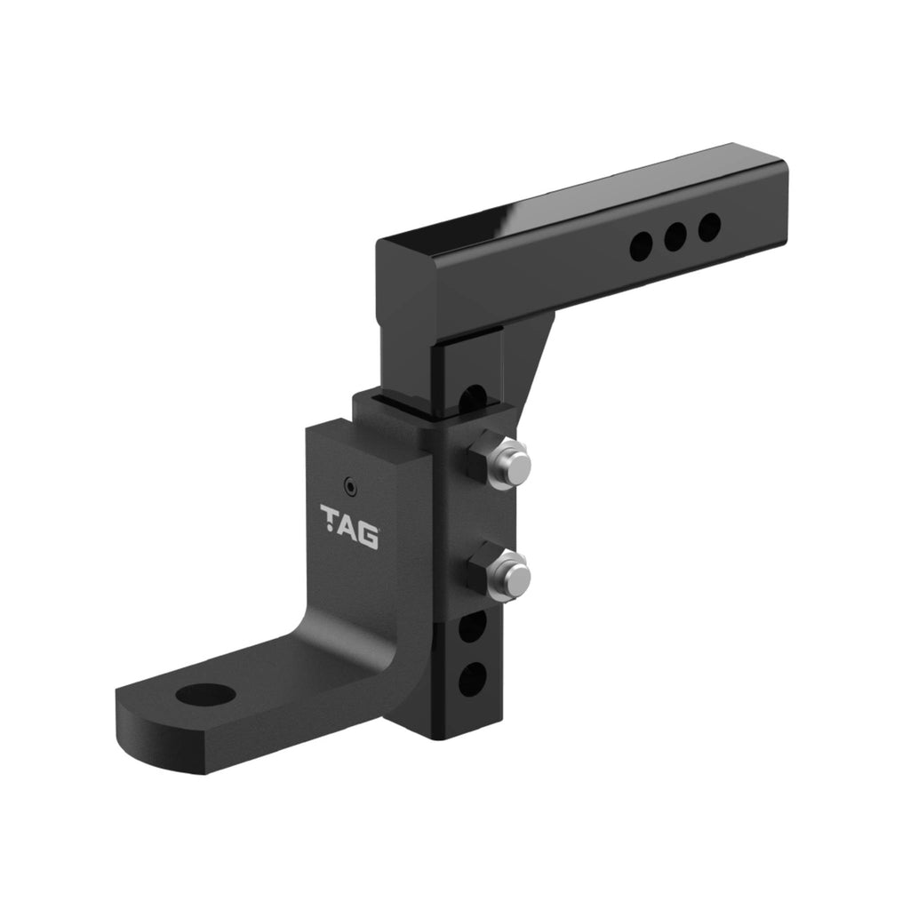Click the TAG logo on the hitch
(349, 526)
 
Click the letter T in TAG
(330, 517)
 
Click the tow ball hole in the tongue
(204, 694)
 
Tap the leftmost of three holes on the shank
(640, 247)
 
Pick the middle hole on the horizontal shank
(675, 237)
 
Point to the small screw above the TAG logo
(350, 486)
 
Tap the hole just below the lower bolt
(472, 627)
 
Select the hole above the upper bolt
(473, 395)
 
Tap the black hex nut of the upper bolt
(485, 457)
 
